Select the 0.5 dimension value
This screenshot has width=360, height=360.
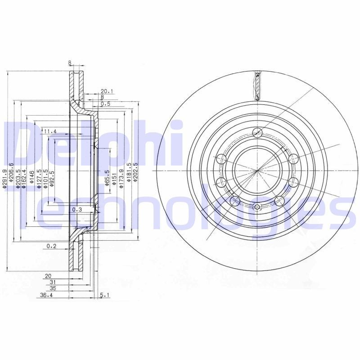click(x=106, y=104)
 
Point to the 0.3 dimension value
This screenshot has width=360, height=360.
click(x=77, y=210)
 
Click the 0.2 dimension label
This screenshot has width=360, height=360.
click(x=51, y=246)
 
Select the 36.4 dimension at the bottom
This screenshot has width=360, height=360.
click(x=45, y=296)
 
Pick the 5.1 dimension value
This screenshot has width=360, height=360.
click(x=104, y=296)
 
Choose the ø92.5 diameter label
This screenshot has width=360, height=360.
click(x=53, y=178)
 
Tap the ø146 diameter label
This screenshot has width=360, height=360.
click(x=31, y=177)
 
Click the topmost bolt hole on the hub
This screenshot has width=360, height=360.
click(x=257, y=132)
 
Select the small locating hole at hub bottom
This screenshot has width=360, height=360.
click(x=257, y=207)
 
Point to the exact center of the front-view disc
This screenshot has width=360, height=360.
click(x=257, y=171)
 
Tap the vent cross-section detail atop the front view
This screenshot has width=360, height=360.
click(x=257, y=85)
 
